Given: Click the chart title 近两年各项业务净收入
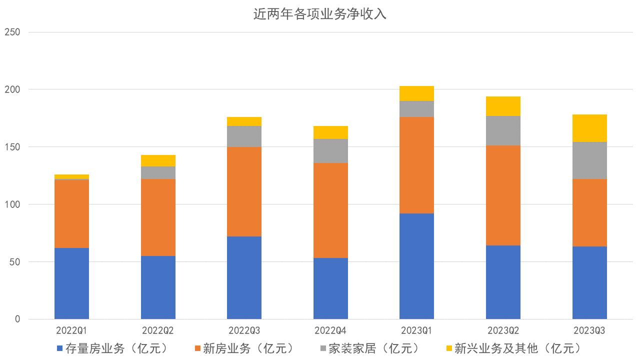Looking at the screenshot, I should tap(320, 14).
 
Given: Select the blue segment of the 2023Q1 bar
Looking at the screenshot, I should tap(416, 266).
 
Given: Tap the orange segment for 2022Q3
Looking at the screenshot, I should tap(244, 191).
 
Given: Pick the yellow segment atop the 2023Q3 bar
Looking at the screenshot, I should tap(589, 128).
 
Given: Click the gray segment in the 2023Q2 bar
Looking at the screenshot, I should tap(503, 131).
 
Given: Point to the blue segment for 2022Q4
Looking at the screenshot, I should tap(330, 288).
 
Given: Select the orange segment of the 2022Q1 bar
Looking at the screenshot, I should tap(71, 214).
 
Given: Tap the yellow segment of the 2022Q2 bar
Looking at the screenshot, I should tap(158, 160).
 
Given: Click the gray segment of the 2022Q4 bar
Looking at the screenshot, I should tap(330, 150).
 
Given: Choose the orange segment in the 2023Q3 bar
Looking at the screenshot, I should tap(589, 212).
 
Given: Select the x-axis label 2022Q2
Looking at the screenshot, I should tap(158, 330).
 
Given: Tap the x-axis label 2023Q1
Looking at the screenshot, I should tap(416, 330).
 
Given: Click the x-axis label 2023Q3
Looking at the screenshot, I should tap(589, 330).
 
